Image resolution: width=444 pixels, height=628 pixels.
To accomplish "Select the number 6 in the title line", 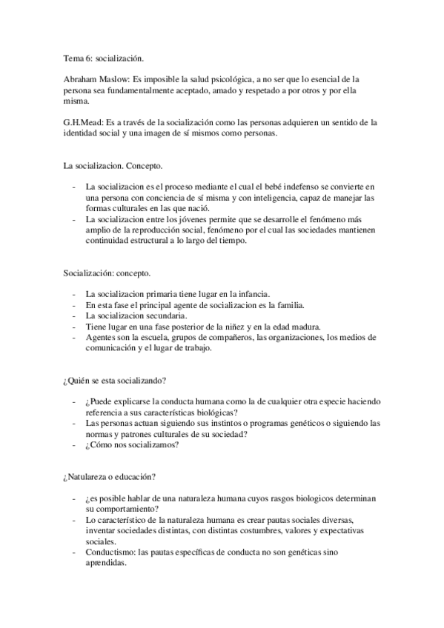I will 89,57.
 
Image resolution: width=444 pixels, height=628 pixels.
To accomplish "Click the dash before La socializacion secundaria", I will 73,316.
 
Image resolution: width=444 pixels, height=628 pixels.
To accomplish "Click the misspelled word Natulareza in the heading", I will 88,477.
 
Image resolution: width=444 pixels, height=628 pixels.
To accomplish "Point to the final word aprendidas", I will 107,564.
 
